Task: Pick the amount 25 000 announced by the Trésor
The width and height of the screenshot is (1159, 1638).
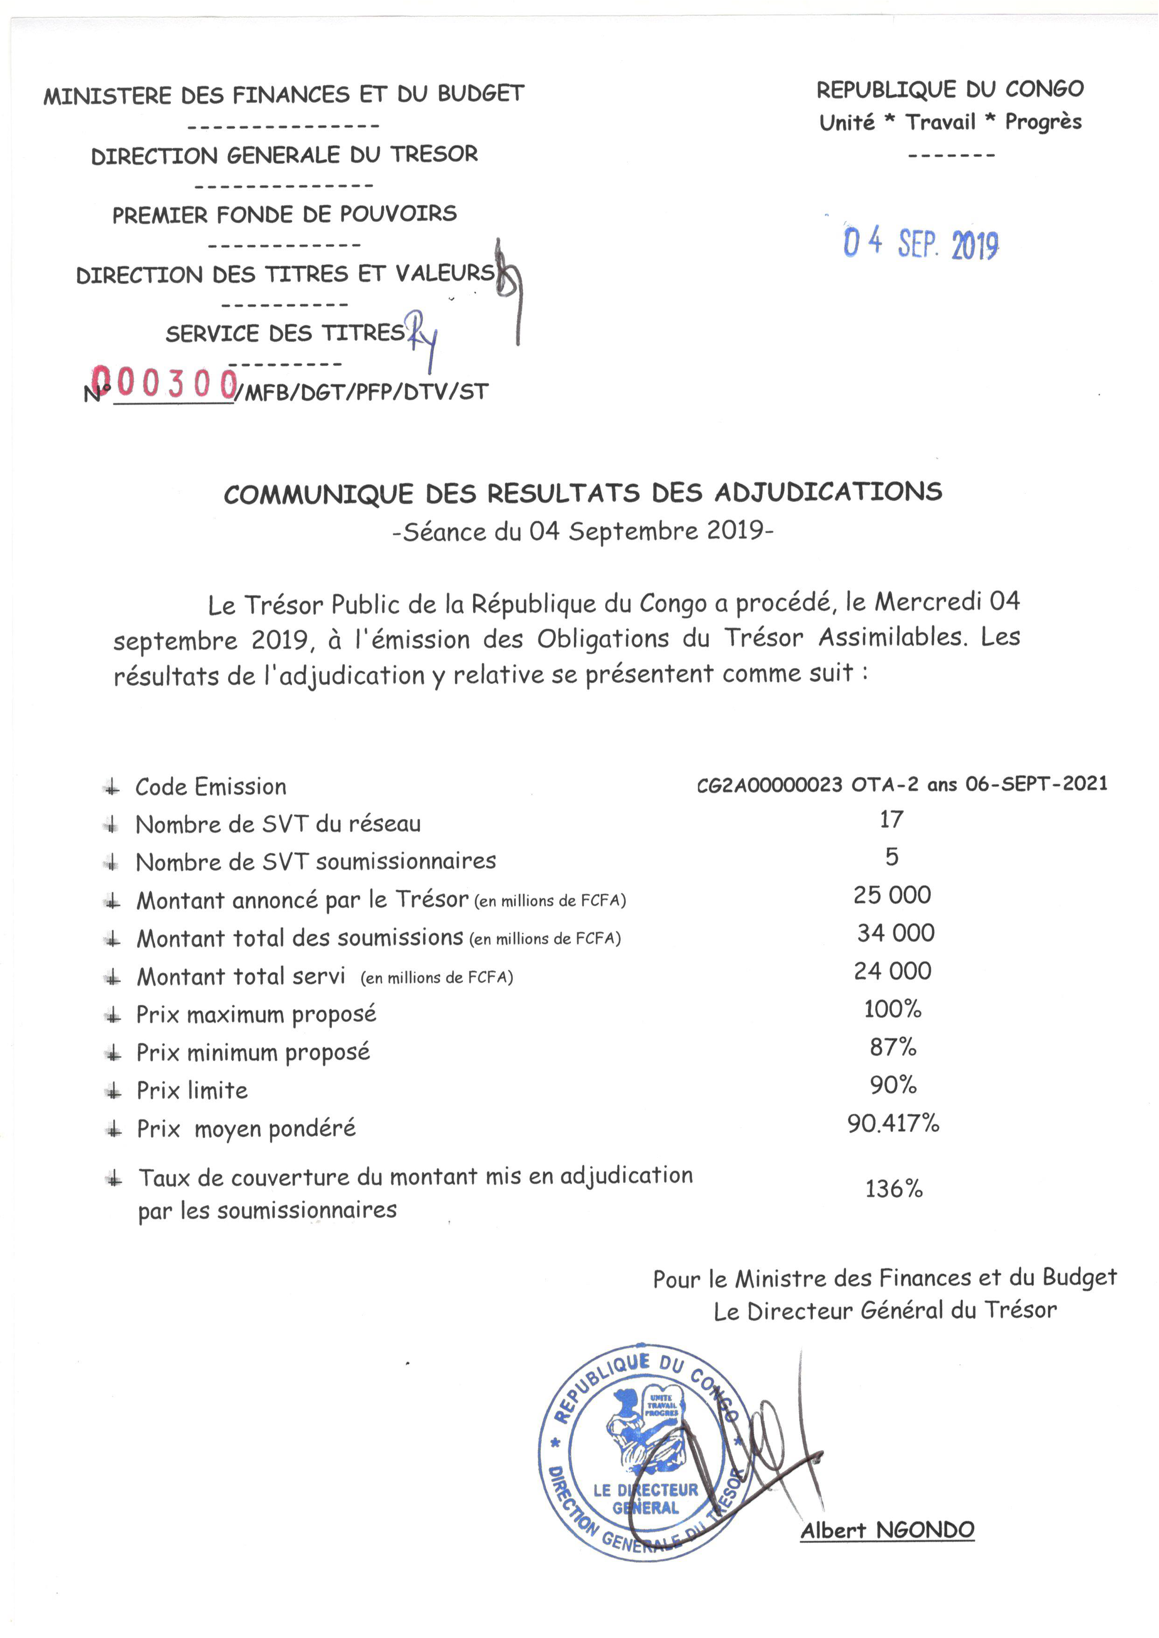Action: coord(892,895)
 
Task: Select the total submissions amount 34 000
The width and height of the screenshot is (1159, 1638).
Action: coord(896,933)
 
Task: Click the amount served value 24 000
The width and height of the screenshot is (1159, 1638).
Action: coord(893,971)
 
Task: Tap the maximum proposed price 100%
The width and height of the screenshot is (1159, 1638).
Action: coord(893,1009)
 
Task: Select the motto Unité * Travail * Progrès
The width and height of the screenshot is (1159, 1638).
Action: coord(950,122)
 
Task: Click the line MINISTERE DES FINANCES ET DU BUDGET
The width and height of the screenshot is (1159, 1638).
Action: coord(284,94)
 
